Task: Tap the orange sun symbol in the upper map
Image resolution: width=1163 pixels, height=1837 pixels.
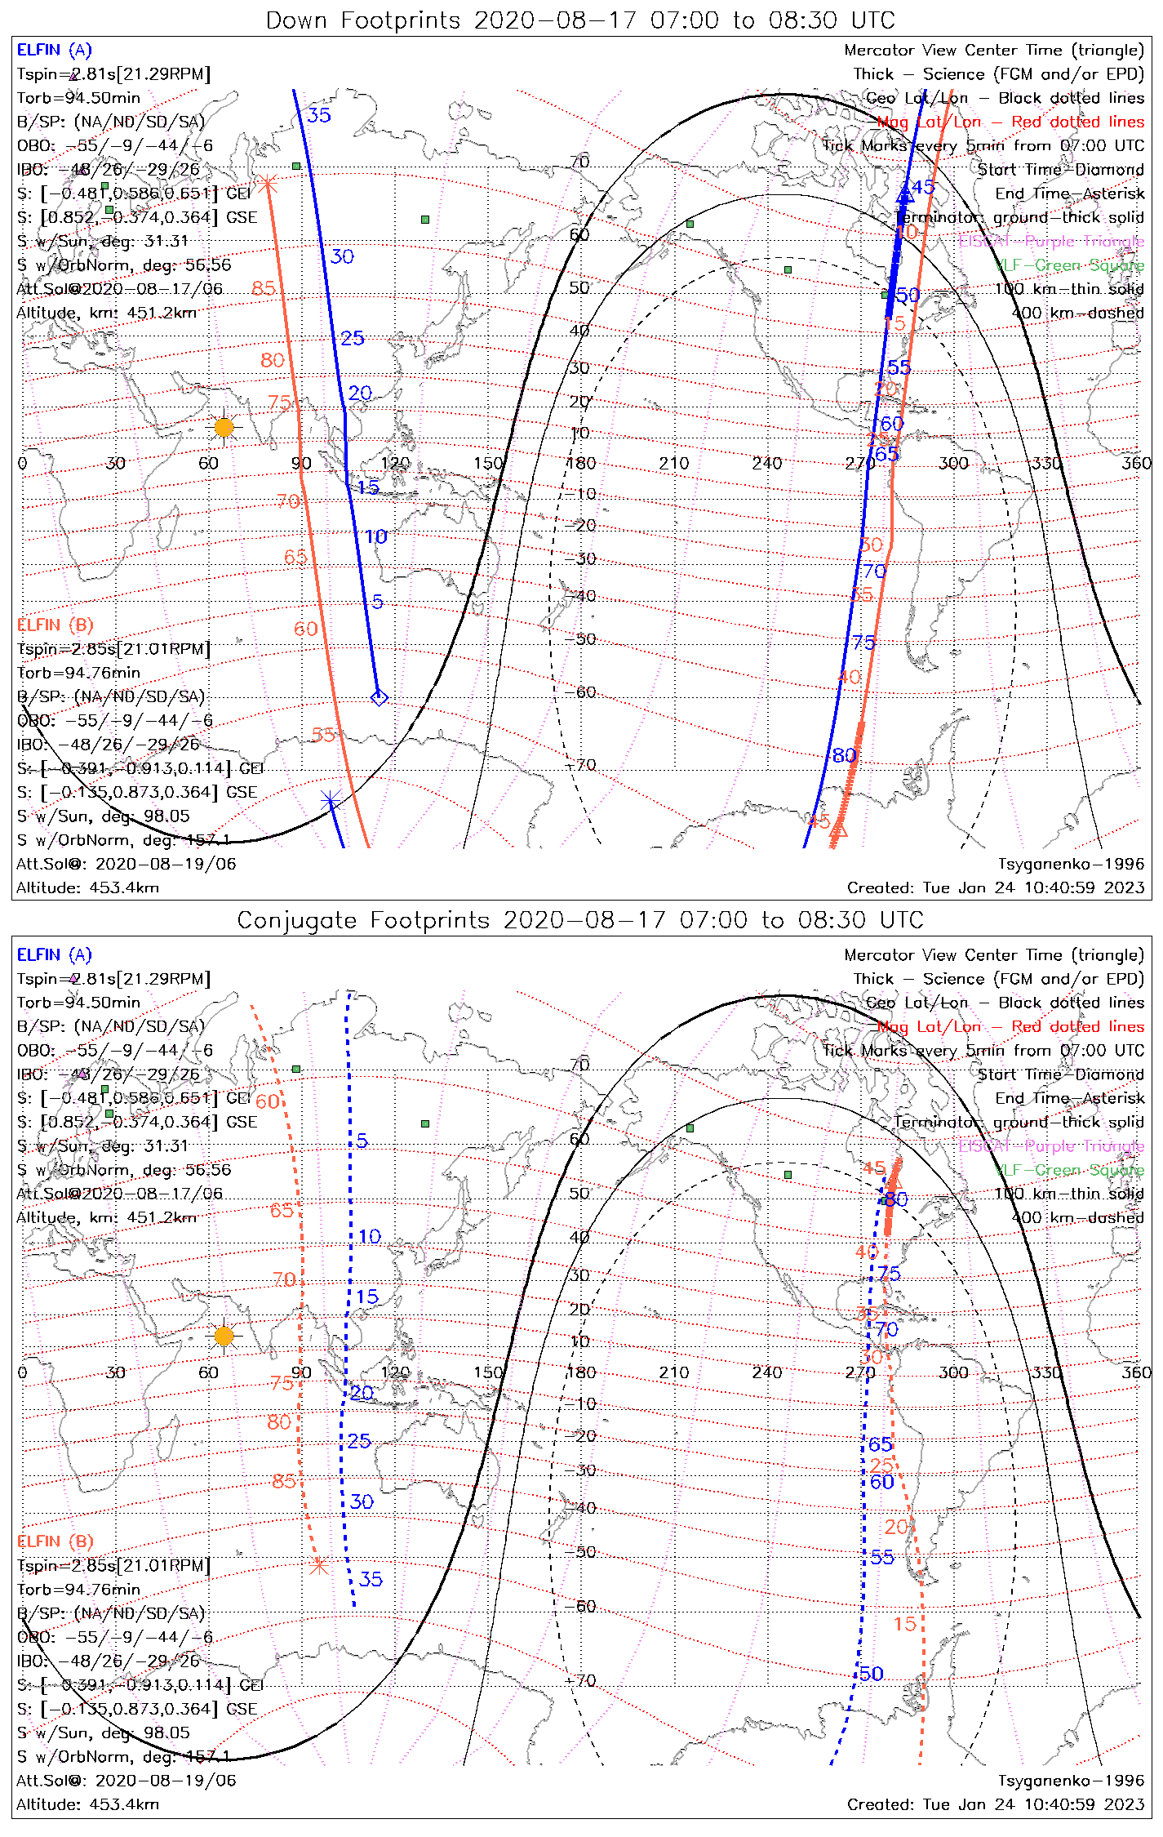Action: point(224,426)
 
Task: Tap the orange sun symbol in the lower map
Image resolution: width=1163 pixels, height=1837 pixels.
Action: point(224,1336)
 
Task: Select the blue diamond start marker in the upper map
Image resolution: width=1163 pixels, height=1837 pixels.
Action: point(379,697)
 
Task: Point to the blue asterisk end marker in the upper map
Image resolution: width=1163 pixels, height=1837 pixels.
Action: point(330,801)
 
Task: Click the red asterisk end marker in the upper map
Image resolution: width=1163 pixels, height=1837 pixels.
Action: point(268,185)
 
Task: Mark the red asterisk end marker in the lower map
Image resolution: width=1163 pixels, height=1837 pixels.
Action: point(319,1566)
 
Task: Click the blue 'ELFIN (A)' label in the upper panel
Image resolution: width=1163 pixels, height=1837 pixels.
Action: point(55,51)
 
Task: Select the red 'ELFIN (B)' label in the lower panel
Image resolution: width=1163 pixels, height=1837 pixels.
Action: point(55,1541)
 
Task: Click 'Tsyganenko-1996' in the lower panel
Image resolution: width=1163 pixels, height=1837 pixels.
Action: point(1071,1780)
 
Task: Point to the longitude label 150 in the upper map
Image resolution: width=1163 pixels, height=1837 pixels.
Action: point(488,463)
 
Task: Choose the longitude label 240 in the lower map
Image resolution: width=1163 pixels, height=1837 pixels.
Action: point(767,1372)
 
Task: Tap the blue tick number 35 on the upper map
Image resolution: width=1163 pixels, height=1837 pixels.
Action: point(319,115)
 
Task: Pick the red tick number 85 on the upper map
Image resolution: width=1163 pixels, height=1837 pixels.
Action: point(264,288)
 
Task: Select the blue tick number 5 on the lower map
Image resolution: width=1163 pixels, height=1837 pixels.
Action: point(362,1141)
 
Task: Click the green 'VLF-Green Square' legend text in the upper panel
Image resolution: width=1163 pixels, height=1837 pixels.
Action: point(1070,265)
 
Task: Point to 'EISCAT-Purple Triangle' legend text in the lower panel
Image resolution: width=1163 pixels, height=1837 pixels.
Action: point(1050,1145)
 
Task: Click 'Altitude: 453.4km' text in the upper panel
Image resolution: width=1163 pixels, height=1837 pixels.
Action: point(87,887)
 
